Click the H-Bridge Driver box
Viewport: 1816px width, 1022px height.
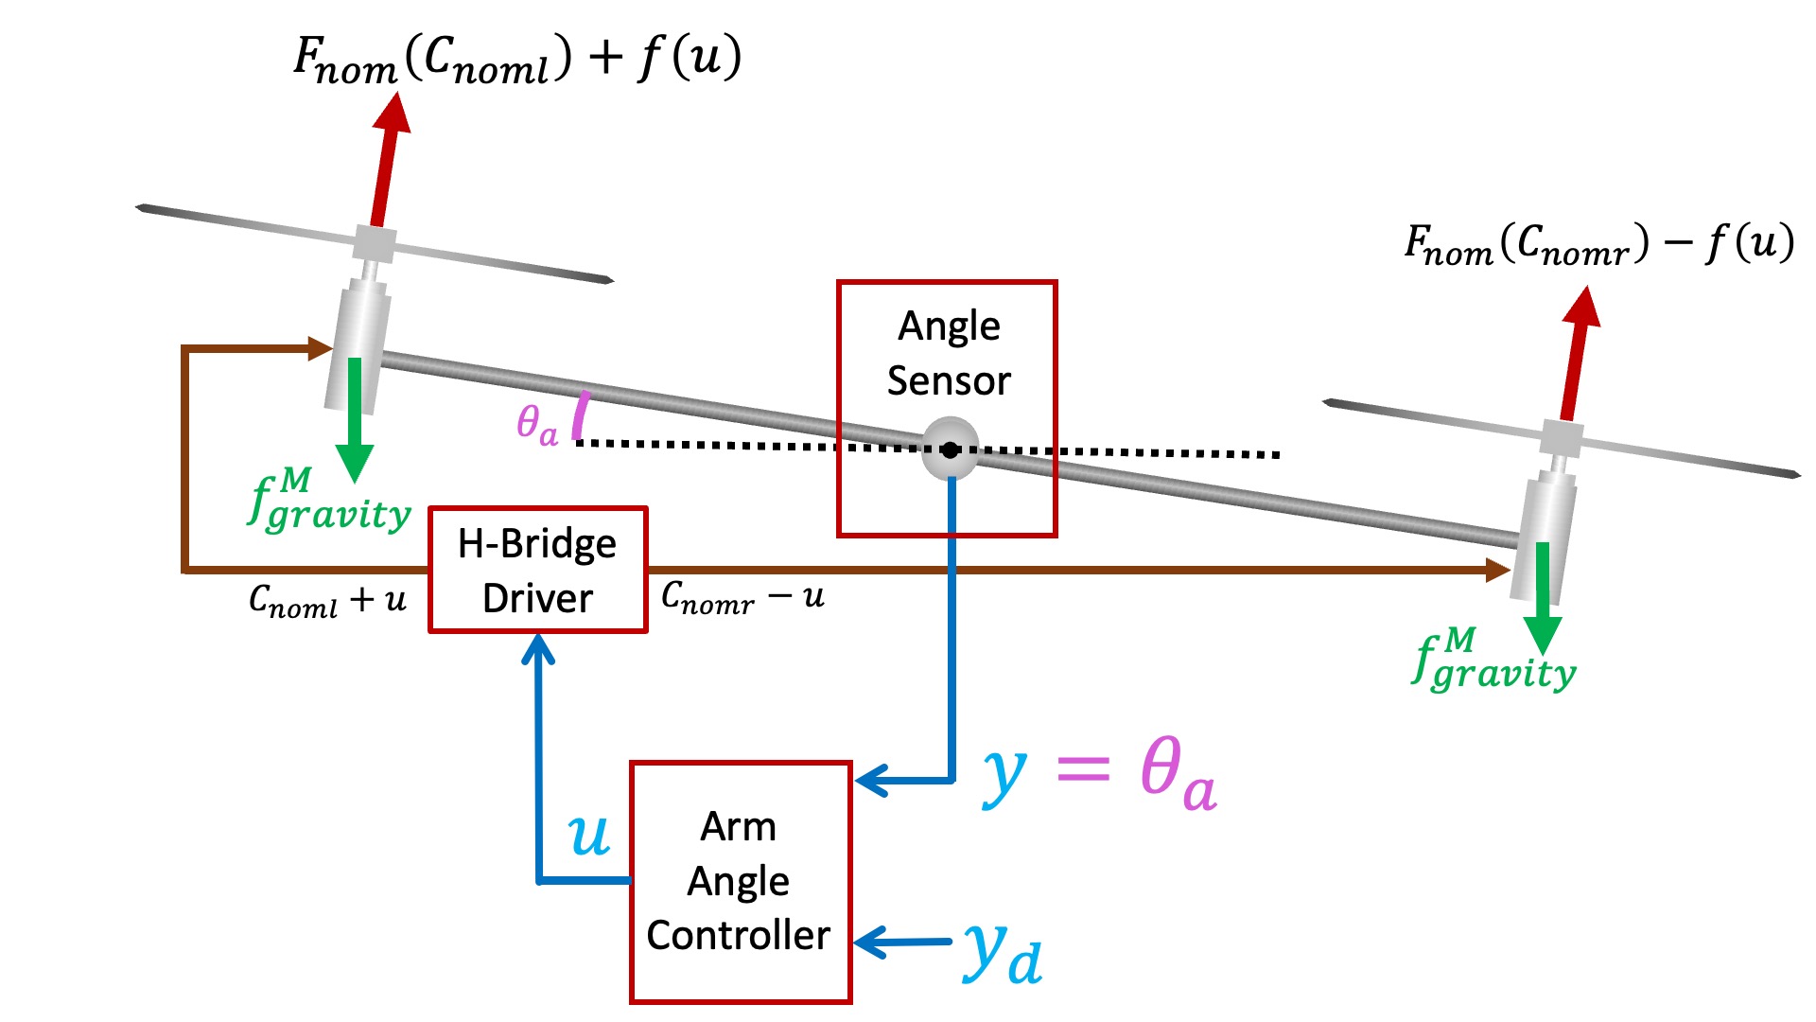[x=537, y=570]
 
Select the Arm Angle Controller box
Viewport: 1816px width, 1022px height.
[x=740, y=881]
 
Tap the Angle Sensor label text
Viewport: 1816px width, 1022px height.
[x=949, y=353]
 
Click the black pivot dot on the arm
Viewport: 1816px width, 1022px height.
[x=951, y=450]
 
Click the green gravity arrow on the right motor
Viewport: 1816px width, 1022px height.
[x=1543, y=597]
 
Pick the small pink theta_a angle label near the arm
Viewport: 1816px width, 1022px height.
[x=536, y=423]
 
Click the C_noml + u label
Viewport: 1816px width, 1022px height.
[x=327, y=599]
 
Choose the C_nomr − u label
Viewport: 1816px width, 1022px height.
[x=742, y=597]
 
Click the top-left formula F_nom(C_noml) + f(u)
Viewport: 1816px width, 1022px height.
[x=516, y=60]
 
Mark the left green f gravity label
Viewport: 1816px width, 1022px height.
[x=328, y=502]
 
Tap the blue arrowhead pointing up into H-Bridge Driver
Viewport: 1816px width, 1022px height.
[x=538, y=648]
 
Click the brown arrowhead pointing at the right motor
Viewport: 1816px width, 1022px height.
[x=1497, y=570]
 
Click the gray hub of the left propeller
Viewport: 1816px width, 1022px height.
[x=375, y=244]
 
